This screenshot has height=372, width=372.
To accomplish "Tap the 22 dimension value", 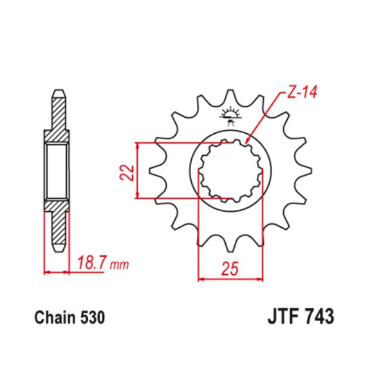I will [126, 172].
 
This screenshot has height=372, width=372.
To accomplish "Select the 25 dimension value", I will [230, 268].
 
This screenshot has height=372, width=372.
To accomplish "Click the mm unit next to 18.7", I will [119, 264].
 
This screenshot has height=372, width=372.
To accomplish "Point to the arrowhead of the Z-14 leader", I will [248, 141].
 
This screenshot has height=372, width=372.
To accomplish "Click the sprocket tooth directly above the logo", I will [230, 97].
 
